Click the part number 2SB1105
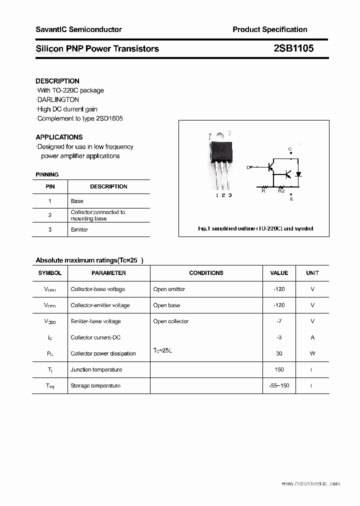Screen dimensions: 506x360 point(293,48)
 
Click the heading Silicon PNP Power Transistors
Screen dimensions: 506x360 point(97,48)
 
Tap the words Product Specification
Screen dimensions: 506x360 point(269,29)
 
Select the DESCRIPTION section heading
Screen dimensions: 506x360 point(57,81)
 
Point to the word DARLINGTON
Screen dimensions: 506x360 point(58,99)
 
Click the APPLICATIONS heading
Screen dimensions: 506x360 point(59,137)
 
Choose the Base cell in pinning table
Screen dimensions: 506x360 point(77,201)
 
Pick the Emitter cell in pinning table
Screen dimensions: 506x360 point(79,229)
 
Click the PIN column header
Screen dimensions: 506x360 point(50,186)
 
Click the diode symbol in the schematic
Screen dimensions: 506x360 point(298,174)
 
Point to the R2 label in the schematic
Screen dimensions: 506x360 point(281,190)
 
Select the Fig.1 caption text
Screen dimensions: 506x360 point(255,228)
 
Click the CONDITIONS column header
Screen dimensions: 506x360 point(206,273)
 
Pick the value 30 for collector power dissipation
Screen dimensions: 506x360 point(279,353)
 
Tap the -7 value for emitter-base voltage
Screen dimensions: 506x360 point(279,321)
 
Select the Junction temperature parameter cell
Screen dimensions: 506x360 point(96,369)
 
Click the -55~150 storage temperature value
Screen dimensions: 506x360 point(279,385)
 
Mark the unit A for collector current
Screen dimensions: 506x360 point(312,337)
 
